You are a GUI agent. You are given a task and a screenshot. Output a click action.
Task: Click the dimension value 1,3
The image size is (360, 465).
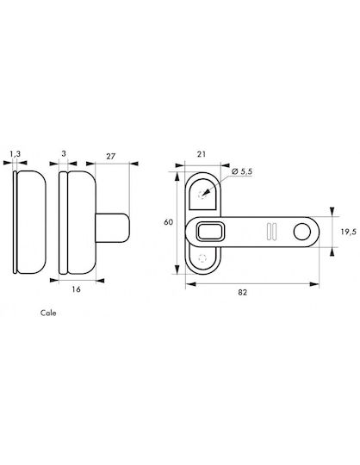(x=16, y=154)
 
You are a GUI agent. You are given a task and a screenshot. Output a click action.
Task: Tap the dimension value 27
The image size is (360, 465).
(x=110, y=156)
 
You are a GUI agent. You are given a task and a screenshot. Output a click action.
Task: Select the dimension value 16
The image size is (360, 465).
(x=76, y=289)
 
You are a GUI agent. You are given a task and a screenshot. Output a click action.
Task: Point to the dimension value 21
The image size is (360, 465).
(x=201, y=154)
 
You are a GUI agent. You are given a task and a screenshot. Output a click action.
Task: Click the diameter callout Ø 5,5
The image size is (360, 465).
(x=241, y=171)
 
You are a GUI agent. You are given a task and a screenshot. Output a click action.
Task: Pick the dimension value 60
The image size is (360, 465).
(x=168, y=222)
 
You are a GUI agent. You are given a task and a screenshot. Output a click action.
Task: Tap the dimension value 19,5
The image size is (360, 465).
(x=348, y=232)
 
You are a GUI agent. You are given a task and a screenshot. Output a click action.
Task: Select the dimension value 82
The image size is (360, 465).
(x=242, y=292)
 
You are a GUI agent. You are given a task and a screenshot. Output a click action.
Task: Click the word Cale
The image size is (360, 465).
(x=48, y=313)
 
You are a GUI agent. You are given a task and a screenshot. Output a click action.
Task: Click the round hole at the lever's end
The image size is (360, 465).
(x=302, y=232)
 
